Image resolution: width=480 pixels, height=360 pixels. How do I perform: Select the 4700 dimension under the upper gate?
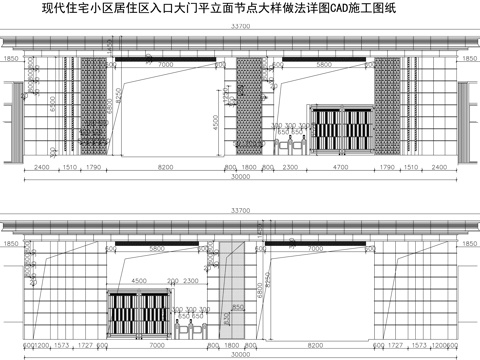point(340,169)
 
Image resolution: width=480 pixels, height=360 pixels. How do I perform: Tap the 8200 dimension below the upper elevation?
point(165,169)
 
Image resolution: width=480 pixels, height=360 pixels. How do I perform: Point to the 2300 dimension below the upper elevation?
point(289,169)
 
